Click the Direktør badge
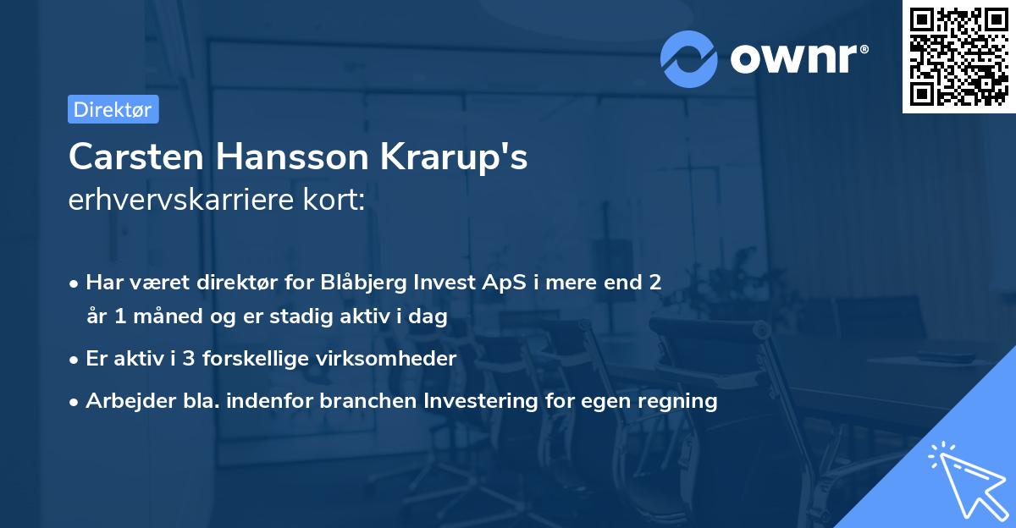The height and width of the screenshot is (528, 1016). coord(113,109)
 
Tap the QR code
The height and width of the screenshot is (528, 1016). coord(958,56)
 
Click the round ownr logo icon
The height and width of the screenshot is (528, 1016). coord(689,58)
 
